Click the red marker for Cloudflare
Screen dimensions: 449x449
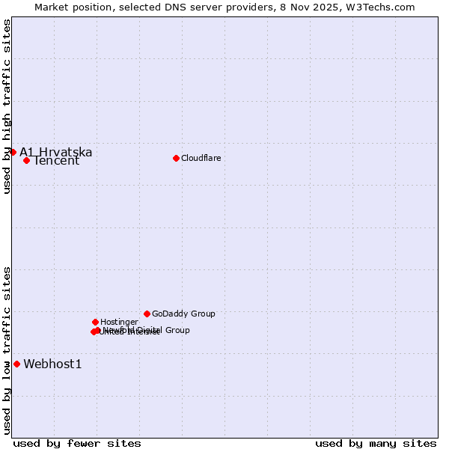click(176, 158)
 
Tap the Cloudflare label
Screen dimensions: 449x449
click(201, 158)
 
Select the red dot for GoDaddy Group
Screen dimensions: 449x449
click(147, 314)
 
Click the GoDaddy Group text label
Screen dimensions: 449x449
click(183, 314)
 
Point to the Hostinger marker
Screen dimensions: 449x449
click(95, 322)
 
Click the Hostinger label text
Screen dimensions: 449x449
click(119, 322)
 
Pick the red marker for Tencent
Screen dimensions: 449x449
click(26, 160)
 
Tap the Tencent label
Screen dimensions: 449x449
click(56, 161)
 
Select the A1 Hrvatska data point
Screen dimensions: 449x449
click(13, 152)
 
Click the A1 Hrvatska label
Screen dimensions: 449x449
click(56, 152)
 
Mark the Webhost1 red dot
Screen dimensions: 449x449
click(16, 364)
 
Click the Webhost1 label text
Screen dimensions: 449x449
click(52, 364)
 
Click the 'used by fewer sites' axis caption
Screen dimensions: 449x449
click(77, 443)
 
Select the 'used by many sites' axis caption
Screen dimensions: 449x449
click(376, 443)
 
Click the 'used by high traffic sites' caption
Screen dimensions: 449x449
click(7, 106)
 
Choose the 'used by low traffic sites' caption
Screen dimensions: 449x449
click(7, 349)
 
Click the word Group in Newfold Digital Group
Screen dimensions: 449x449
click(177, 330)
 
